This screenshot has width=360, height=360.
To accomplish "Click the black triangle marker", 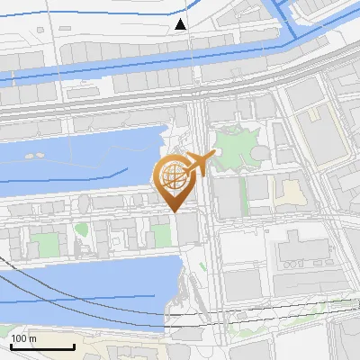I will [182, 24].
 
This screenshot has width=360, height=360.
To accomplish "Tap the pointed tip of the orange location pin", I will [174, 211].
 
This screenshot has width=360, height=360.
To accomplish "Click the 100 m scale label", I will [23, 338].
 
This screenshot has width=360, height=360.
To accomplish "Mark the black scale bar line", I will [41, 346].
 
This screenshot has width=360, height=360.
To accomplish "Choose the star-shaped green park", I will [233, 147].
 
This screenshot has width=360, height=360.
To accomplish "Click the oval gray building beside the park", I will [258, 154].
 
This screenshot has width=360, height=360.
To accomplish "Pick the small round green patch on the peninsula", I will [82, 229].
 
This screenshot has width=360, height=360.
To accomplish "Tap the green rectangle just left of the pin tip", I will [161, 236].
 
